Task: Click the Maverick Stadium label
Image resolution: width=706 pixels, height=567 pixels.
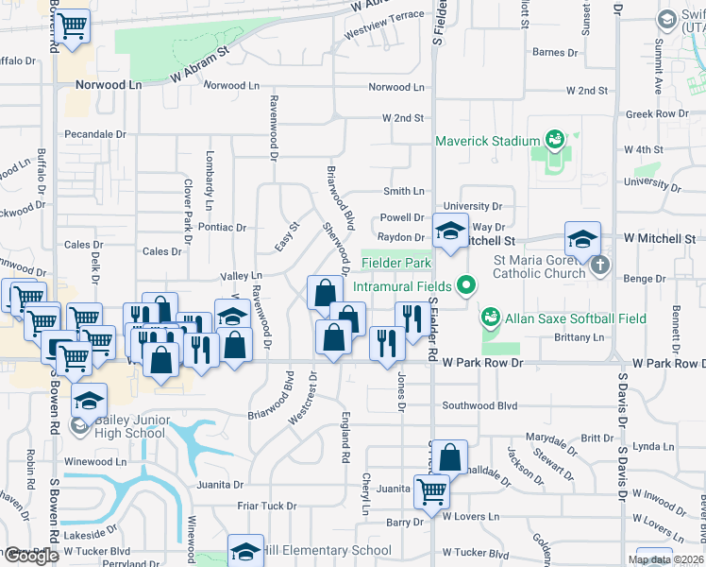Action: click(x=486, y=142)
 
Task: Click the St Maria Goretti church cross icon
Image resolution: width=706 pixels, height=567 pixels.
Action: click(x=600, y=266)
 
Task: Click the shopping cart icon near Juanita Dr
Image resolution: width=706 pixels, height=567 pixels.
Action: click(x=431, y=490)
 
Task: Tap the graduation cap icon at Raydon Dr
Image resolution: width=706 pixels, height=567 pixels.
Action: click(x=450, y=230)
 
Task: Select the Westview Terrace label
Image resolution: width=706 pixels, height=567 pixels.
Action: click(x=384, y=17)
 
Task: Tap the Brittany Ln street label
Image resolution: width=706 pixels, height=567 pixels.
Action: click(x=580, y=337)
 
